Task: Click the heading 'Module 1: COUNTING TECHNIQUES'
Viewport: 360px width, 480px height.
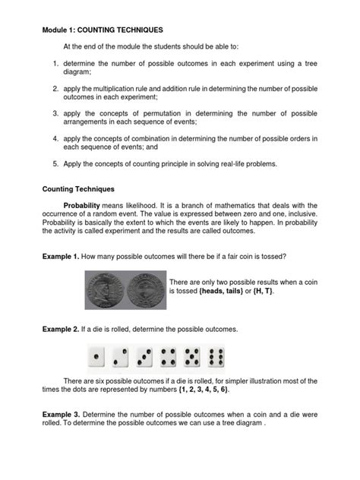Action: [x=102, y=30]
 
